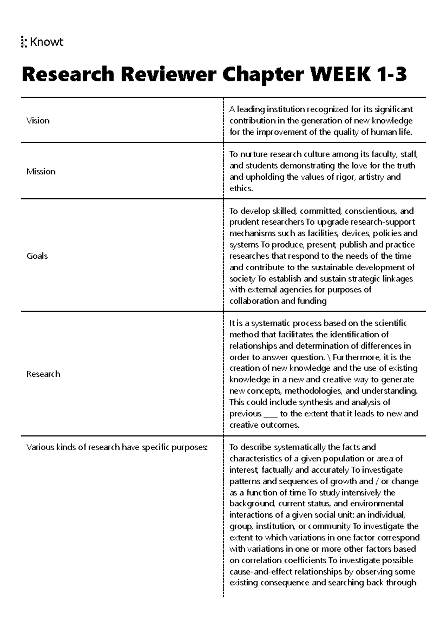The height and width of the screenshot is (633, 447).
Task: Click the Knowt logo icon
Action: tap(24, 42)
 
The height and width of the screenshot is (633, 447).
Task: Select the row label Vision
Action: tap(38, 120)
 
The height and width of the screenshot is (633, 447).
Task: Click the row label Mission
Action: tap(41, 171)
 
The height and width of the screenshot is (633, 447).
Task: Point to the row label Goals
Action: tap(37, 256)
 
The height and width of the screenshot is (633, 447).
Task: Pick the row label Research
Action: tap(43, 374)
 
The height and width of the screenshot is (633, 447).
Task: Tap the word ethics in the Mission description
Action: tap(240, 188)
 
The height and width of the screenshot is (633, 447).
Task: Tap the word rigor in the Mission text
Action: tap(346, 177)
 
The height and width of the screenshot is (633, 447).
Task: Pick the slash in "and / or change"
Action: tap(378, 481)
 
